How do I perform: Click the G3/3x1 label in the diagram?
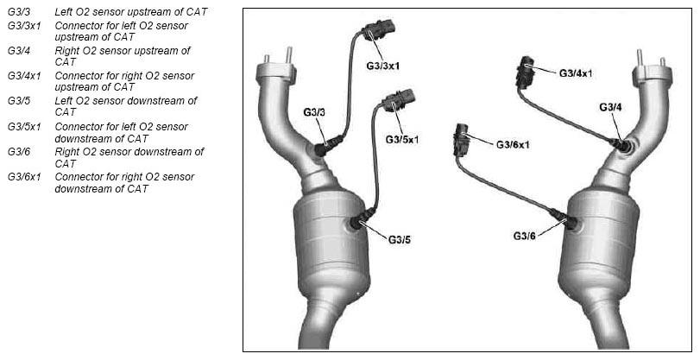[383, 66]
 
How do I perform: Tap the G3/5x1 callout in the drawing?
[402, 140]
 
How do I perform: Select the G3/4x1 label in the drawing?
[576, 73]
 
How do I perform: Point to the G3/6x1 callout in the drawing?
[513, 145]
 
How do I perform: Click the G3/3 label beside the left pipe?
[314, 112]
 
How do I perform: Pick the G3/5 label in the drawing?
[399, 240]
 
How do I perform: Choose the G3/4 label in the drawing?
[610, 107]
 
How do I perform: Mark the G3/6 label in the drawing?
[524, 236]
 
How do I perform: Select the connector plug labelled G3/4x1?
[525, 72]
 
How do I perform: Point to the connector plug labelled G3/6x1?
[462, 139]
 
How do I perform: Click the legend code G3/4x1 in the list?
[24, 76]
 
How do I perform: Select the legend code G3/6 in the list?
[19, 152]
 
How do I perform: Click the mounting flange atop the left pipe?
[276, 72]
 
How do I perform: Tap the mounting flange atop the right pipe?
[653, 75]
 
